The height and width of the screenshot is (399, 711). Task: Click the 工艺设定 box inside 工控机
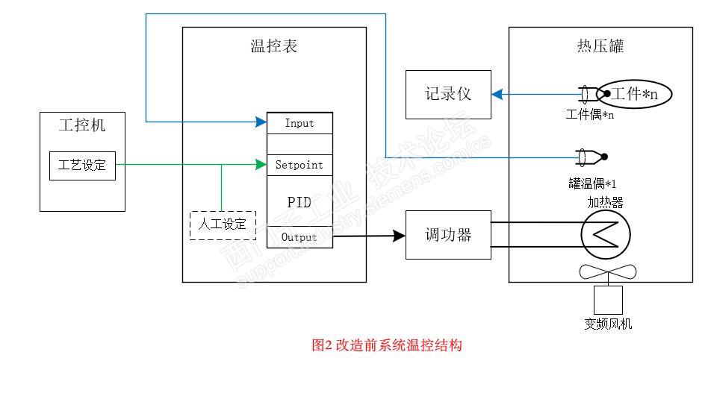coord(82,166)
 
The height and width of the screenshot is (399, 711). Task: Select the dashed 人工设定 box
coord(223,224)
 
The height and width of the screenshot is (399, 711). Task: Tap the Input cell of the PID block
coord(299,123)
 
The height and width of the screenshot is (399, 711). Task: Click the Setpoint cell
coord(299,164)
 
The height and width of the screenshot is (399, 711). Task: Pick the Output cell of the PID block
coord(299,237)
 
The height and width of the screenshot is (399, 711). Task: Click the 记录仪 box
coord(448,95)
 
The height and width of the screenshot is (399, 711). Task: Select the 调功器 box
coord(448,235)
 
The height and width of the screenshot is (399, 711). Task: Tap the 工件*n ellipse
coord(635,94)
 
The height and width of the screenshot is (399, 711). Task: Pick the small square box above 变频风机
coord(608,300)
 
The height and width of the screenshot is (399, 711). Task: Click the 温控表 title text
coord(274,46)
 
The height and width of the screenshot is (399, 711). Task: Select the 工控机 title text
coord(82,125)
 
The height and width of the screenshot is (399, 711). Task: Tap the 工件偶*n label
coord(590,114)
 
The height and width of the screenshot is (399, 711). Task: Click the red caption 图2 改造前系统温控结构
coord(387,345)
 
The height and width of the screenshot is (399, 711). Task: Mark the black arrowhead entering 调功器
coord(400,236)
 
